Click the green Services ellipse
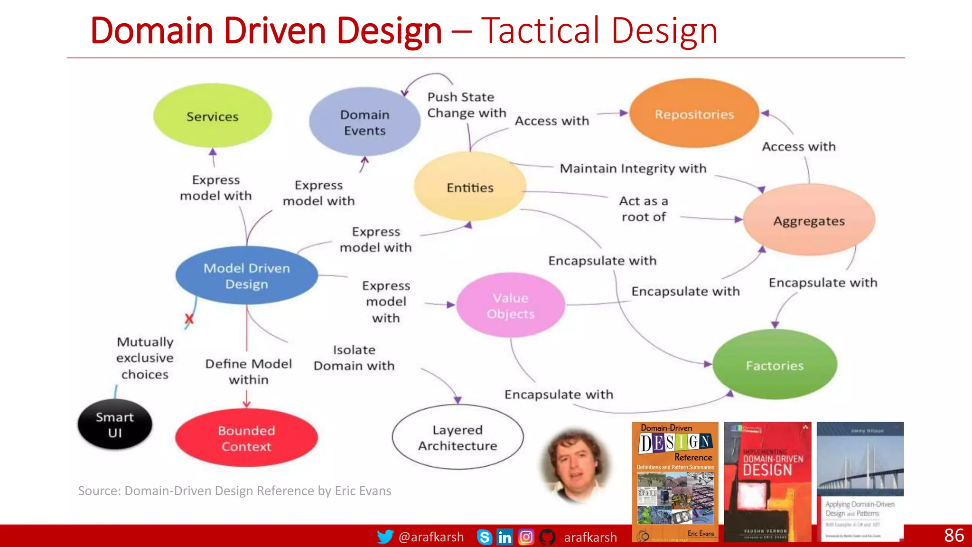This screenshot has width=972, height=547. (x=212, y=116)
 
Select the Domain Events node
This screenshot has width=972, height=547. (x=364, y=122)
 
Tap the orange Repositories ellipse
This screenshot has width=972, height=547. (x=694, y=114)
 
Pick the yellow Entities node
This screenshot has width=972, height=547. (x=470, y=187)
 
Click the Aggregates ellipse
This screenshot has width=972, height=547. (x=809, y=221)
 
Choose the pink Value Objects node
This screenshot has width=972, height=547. (x=511, y=305)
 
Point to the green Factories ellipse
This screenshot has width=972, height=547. (x=775, y=365)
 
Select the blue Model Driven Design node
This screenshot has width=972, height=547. (x=246, y=276)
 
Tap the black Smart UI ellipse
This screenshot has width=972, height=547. (x=115, y=424)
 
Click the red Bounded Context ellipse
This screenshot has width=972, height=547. (x=246, y=438)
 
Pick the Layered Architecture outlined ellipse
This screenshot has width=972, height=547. (x=458, y=437)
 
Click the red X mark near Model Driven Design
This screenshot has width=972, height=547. (x=189, y=319)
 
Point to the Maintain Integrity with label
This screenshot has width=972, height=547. (x=633, y=169)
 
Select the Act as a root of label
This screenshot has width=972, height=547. (x=644, y=209)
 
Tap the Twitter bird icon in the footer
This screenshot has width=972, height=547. (x=385, y=537)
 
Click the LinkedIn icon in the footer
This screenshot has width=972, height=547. (x=505, y=537)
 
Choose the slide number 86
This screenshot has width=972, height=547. (x=953, y=536)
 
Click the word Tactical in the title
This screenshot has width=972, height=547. (x=541, y=31)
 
